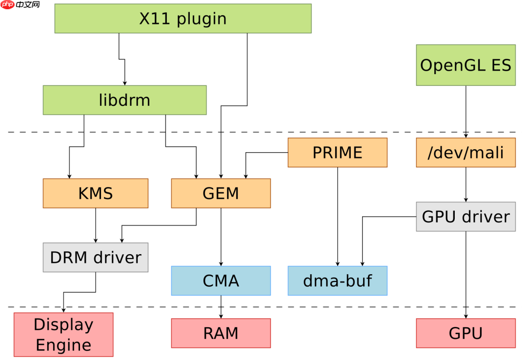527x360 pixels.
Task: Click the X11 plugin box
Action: coord(183,19)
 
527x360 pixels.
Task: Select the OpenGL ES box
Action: coord(466,65)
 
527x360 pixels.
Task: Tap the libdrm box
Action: coord(124,100)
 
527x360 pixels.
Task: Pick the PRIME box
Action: coord(337,152)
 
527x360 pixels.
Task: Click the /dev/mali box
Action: coord(466,152)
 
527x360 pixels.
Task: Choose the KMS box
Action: coord(95,193)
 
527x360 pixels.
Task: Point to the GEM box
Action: coord(221,193)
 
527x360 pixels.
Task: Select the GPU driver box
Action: coord(466,217)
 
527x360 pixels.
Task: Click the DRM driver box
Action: coord(95,257)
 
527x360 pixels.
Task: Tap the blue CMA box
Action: coord(221,280)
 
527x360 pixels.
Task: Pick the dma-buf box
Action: coord(337,280)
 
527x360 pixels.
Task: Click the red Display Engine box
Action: coord(63,335)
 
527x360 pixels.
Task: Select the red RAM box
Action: coord(221,333)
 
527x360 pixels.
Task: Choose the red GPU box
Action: coord(466,333)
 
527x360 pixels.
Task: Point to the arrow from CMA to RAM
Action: coord(221,307)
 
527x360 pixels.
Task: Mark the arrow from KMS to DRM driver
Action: coord(96,225)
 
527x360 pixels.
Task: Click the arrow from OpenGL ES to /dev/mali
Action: coord(466,112)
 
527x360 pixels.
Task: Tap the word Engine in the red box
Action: coord(63,345)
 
